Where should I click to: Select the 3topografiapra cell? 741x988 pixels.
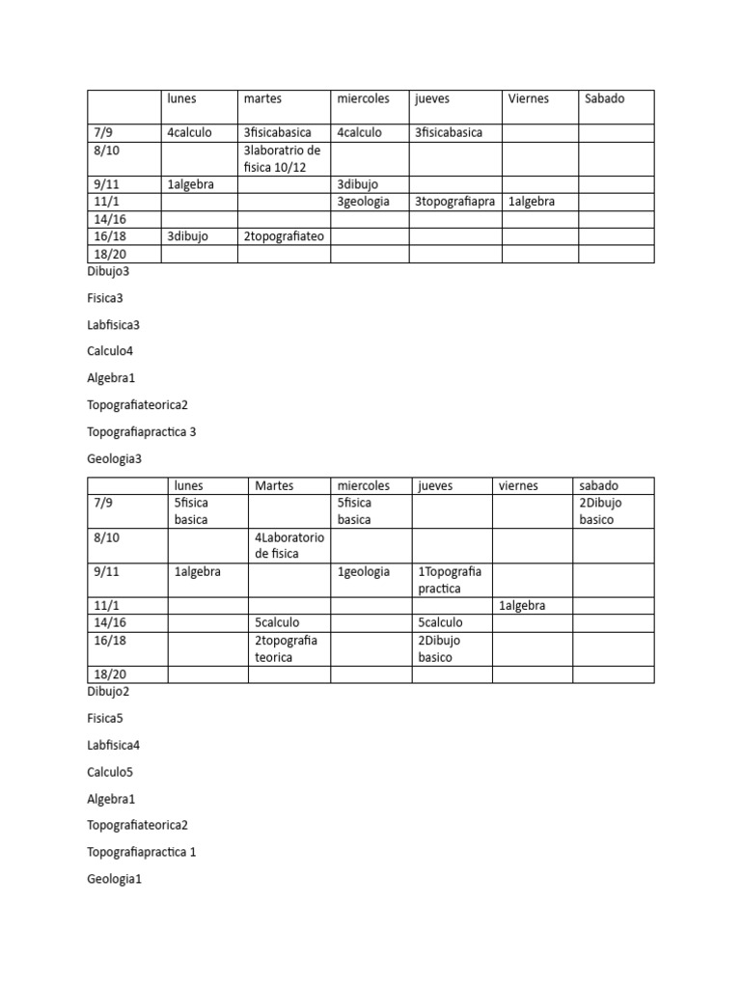click(x=453, y=202)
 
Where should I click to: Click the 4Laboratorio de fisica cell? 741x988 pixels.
click(x=289, y=545)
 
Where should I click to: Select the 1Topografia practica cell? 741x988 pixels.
click(x=451, y=580)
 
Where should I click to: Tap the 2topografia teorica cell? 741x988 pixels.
click(x=288, y=648)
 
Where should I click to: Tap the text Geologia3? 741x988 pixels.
click(x=114, y=458)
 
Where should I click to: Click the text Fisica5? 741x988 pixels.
click(x=105, y=719)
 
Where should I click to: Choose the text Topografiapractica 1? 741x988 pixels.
click(x=141, y=852)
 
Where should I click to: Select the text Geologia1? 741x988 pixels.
click(x=114, y=879)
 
